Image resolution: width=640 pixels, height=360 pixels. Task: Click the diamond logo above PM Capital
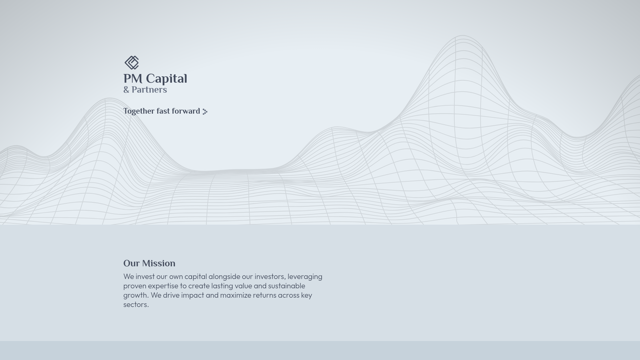coord(132,63)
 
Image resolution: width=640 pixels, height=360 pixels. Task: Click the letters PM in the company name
coord(133,79)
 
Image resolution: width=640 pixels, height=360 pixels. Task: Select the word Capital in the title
coord(166,79)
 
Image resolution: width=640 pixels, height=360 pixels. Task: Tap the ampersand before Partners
coord(126,90)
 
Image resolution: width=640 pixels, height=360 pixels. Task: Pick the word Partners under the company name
coord(149,90)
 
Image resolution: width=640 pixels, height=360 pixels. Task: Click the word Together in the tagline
coord(138,111)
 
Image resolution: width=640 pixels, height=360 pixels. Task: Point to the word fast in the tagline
coord(163,111)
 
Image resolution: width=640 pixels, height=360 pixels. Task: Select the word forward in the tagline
coord(186,111)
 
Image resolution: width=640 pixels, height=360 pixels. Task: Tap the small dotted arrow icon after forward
coord(205,112)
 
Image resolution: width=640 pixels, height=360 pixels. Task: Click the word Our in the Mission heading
coord(131,263)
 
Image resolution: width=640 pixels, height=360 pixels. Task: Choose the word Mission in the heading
coord(158,263)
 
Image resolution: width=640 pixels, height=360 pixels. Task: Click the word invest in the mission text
coord(145,277)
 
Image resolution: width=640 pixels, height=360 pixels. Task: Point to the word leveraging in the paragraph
coord(305,277)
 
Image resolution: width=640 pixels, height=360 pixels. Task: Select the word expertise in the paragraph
coord(163,286)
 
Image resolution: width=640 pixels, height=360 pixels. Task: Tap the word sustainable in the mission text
coord(286,286)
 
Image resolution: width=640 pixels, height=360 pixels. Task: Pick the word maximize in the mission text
coord(235,295)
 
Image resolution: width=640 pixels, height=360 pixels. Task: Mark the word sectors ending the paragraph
coord(135,305)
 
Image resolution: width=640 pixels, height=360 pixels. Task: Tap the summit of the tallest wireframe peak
coord(463,36)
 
